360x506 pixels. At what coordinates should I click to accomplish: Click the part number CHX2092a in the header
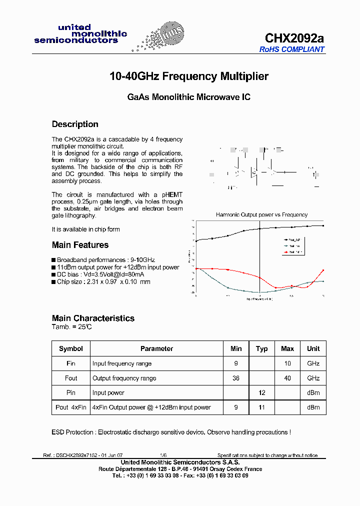(294, 38)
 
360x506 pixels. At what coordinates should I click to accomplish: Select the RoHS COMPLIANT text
(292, 49)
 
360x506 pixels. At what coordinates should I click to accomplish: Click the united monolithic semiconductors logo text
(80, 34)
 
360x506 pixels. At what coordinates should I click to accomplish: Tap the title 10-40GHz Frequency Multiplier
(189, 76)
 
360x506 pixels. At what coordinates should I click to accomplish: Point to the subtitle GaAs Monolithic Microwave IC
(189, 97)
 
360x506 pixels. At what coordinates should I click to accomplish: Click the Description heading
(75, 124)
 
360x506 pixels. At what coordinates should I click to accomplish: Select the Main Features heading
(80, 245)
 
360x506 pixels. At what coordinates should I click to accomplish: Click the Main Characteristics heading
(93, 318)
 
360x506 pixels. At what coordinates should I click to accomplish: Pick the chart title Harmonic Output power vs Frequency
(261, 214)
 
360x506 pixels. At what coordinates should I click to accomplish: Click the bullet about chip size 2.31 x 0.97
(103, 282)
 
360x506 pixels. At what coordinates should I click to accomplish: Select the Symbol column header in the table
(71, 348)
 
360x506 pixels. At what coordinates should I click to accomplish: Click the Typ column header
(261, 348)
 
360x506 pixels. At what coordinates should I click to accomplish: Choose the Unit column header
(313, 348)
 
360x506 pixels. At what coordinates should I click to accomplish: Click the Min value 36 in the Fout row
(236, 378)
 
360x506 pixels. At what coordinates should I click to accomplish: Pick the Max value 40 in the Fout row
(287, 378)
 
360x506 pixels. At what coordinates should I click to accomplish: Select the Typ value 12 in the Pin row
(261, 393)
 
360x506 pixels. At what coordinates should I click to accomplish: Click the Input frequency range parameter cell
(122, 363)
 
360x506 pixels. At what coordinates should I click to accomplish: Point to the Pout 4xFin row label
(71, 407)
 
